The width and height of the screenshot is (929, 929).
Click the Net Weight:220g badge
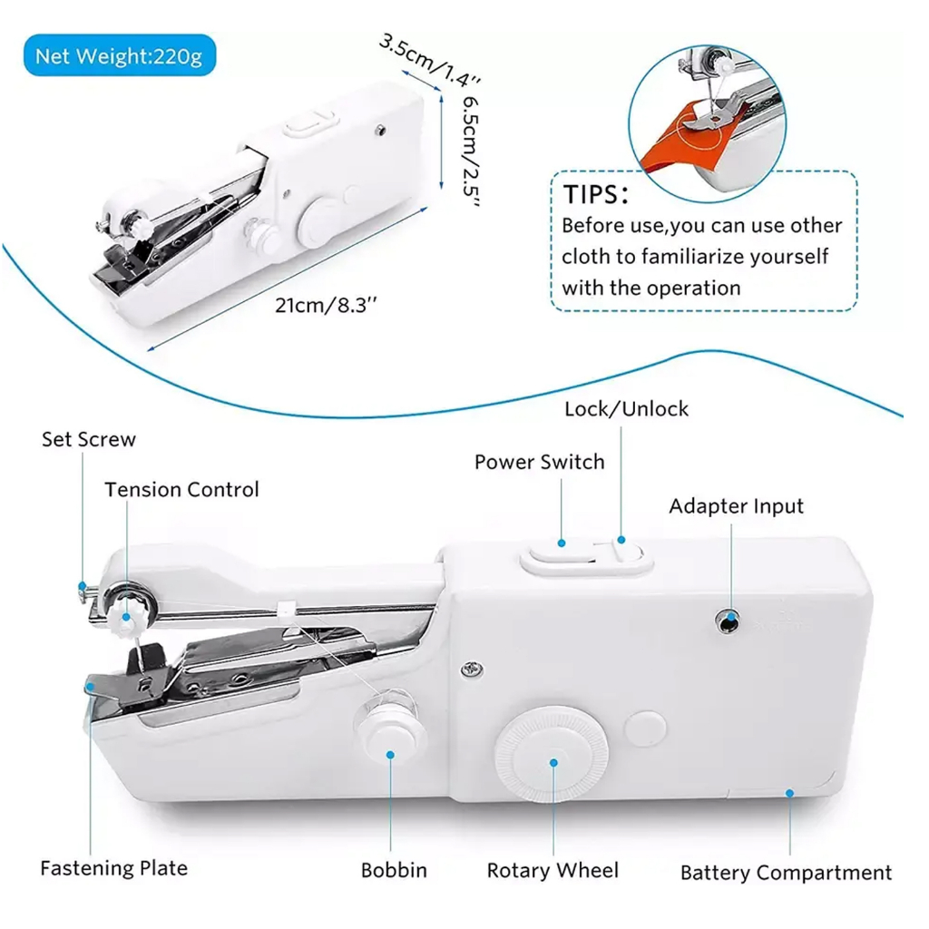(119, 57)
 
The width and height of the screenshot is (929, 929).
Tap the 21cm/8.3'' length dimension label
(326, 304)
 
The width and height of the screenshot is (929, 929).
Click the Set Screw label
(88, 440)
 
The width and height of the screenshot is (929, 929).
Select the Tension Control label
(181, 490)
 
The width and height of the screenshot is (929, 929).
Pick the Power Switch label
(539, 462)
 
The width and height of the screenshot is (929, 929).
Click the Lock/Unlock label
(626, 409)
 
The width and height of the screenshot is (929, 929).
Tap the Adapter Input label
(736, 506)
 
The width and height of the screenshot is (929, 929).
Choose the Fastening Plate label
(113, 867)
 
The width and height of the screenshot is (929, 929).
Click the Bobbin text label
(394, 870)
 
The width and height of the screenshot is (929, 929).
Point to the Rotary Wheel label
(553, 870)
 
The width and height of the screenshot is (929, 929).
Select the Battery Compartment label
(786, 873)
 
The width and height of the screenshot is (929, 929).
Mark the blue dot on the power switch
(562, 543)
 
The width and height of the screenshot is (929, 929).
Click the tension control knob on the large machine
(123, 613)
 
